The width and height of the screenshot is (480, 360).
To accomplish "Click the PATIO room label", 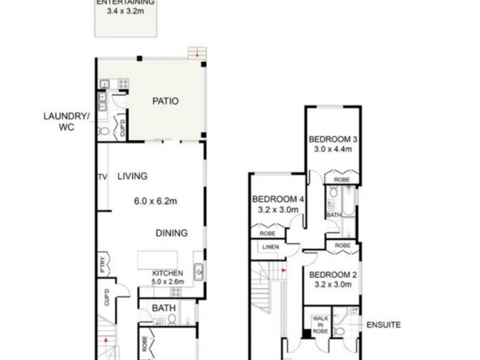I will pos(164,101).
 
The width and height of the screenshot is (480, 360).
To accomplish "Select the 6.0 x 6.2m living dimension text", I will pos(155,202).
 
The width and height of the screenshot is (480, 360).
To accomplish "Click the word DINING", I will pos(172,233).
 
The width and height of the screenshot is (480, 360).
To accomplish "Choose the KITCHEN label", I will pos(168,273).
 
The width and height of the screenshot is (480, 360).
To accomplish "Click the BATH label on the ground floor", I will pos(163,308).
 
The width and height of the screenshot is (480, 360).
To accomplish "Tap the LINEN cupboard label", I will pos(269,247).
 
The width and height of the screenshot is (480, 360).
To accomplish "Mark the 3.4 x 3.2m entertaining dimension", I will pos(126,11).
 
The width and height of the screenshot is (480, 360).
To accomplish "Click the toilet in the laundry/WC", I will pos(104,130).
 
